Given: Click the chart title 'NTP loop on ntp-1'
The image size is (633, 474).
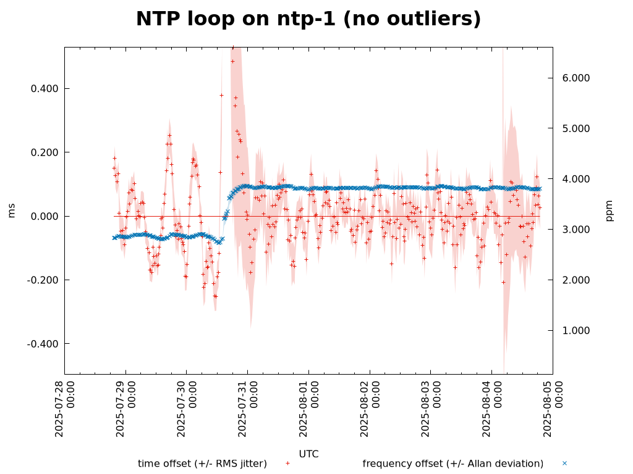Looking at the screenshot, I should pos(308,19).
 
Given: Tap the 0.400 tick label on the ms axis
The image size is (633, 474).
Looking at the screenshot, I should pos(45,89).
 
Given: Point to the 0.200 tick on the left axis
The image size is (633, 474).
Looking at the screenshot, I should pos(45,152).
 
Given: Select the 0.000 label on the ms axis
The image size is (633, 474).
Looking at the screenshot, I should pos(45,217).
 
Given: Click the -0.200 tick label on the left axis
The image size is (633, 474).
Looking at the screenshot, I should pos(43,280).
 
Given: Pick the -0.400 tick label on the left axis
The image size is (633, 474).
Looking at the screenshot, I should pos(43,344).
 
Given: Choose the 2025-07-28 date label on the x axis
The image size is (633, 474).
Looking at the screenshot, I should pos(64,409).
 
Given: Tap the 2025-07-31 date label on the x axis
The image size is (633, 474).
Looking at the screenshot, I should pos(247,409).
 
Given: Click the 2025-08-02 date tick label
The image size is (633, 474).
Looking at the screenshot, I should pos(369,409).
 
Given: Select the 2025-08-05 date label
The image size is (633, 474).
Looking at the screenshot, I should pos(552,409).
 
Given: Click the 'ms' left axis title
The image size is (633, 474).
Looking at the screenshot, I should pos(12,210).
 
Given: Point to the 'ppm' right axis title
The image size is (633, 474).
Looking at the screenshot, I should pos(610,210).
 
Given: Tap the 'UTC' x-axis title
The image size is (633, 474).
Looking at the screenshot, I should pos(308,454).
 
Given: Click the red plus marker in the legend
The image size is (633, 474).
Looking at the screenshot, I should pos(287,463).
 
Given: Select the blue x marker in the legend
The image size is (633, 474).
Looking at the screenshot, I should pos(564,463).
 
